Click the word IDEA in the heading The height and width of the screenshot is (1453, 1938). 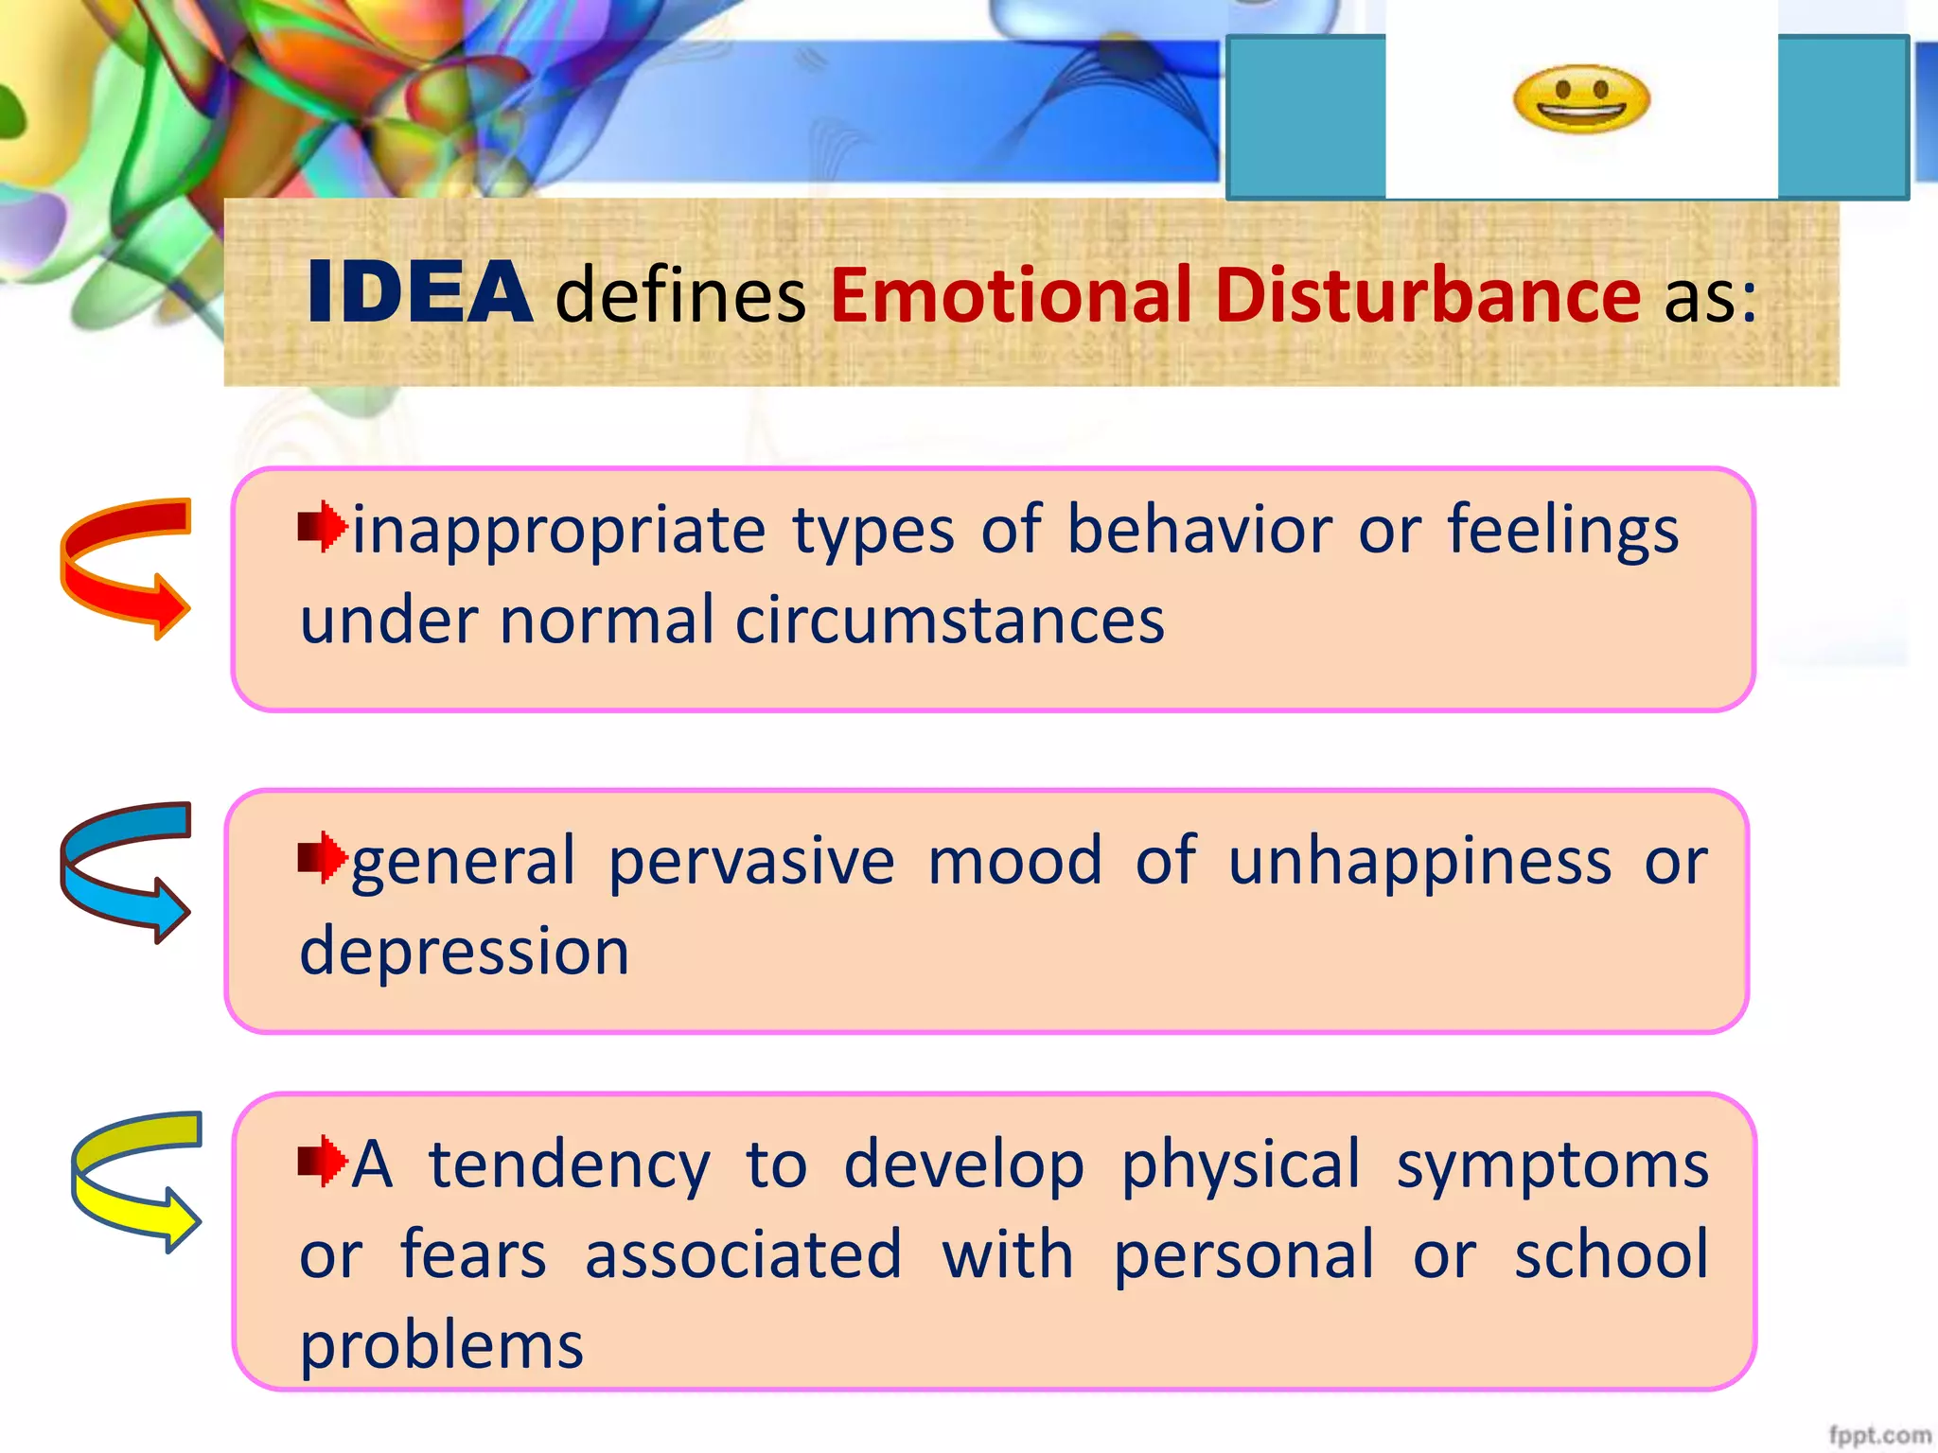419,293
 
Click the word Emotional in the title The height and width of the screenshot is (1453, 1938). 1010,295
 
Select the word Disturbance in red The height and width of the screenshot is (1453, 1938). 1426,295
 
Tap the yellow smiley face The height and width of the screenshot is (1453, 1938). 1581,100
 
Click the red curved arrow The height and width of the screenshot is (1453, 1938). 124,568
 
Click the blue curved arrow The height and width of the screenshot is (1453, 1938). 124,871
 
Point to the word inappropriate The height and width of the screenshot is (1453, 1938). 559,532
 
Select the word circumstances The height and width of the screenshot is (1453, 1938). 949,621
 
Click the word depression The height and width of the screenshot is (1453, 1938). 465,952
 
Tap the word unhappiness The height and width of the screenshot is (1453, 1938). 1419,863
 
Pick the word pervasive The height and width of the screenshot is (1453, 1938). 750,863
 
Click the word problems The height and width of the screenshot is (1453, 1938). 442,1345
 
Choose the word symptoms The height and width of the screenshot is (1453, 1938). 1552,1165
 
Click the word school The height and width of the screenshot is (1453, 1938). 1611,1255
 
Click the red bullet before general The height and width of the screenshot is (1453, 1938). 322,858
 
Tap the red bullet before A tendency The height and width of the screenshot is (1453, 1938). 322,1161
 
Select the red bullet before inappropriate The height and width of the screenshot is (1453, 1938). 322,526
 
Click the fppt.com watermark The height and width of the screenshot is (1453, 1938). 1878,1435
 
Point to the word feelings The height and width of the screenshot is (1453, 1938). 1562,532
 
